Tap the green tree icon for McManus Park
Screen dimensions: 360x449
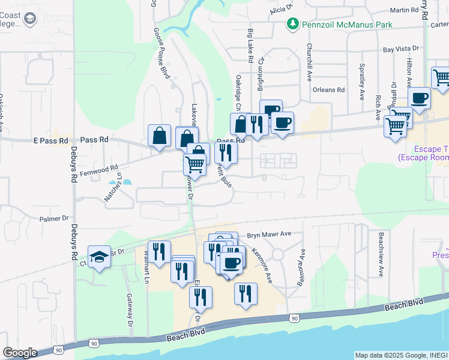pos(292,24)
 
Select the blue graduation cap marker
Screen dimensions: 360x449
pos(99,257)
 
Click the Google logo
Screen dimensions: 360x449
pos(20,353)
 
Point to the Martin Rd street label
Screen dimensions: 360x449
pos(403,10)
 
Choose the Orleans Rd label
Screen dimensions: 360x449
pos(329,90)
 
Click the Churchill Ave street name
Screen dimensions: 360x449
pos(310,62)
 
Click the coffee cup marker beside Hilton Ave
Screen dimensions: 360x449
pos(420,98)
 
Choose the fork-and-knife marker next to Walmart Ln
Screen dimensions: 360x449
pos(159,251)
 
